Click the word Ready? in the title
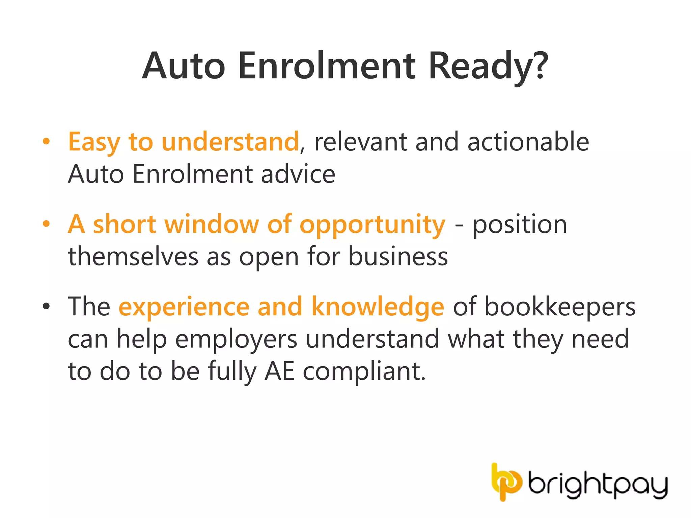(x=488, y=66)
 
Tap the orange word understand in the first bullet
(x=230, y=142)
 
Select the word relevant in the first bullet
(x=360, y=142)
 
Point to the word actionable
(x=528, y=142)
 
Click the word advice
(x=298, y=174)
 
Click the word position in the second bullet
(x=520, y=225)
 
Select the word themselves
(x=133, y=256)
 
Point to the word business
(x=398, y=256)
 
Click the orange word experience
(x=184, y=307)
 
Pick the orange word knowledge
(x=378, y=307)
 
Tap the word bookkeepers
(x=560, y=307)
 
